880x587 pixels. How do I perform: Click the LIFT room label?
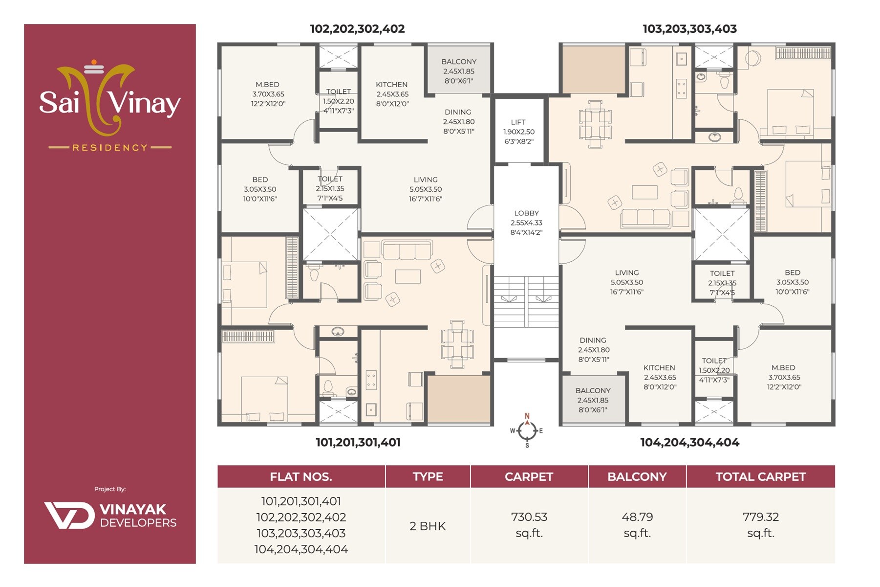click(518, 122)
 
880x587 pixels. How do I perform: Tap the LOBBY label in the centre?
click(526, 213)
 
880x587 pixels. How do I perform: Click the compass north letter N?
click(527, 416)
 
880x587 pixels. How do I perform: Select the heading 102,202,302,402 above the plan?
click(357, 29)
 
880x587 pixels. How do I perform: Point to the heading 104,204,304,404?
click(689, 442)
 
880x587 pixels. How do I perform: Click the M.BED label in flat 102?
click(267, 85)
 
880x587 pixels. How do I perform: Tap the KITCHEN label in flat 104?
click(659, 368)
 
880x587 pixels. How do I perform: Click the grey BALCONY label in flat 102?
click(458, 62)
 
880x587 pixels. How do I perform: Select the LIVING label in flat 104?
click(627, 273)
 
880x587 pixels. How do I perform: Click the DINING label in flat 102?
click(458, 112)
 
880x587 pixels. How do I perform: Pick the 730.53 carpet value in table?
click(529, 517)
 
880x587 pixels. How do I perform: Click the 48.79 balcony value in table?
click(637, 517)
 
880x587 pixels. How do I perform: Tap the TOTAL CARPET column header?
click(760, 477)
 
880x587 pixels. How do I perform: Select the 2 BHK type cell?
click(428, 526)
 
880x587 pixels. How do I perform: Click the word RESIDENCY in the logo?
click(110, 147)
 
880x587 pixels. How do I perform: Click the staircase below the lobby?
click(526, 302)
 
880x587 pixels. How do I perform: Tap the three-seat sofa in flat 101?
click(407, 250)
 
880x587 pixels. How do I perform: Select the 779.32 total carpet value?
click(760, 517)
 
